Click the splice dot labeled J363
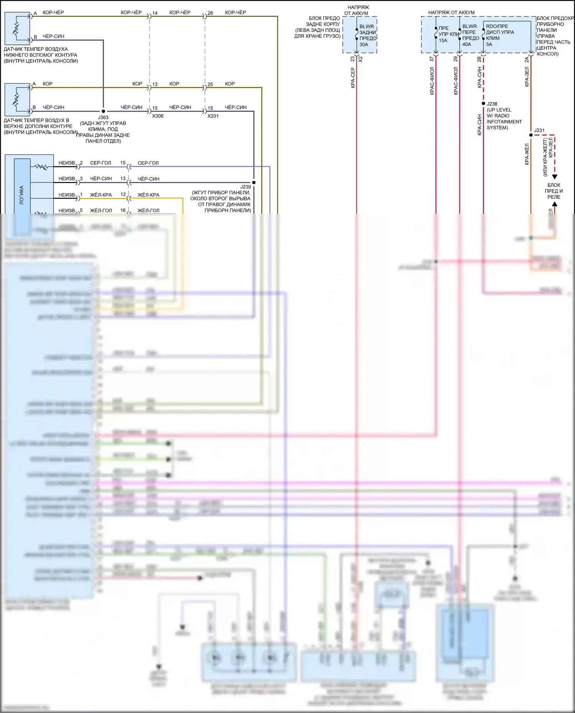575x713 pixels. pyautogui.click(x=103, y=111)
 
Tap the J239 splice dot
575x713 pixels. pyautogui.click(x=254, y=182)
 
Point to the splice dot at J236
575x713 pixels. pyautogui.click(x=483, y=103)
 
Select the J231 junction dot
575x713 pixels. pyautogui.click(x=531, y=135)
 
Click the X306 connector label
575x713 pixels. pyautogui.click(x=158, y=116)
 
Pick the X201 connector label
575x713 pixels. pyautogui.click(x=213, y=116)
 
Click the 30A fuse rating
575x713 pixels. pyautogui.click(x=364, y=44)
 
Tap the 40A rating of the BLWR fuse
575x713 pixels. pyautogui.click(x=467, y=44)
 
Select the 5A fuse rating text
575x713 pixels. pyautogui.click(x=489, y=44)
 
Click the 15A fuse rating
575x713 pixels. pyautogui.click(x=443, y=41)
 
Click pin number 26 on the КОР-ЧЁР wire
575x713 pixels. pyautogui.click(x=210, y=13)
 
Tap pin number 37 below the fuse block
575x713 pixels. pyautogui.click(x=432, y=59)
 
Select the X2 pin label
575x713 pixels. pyautogui.click(x=360, y=59)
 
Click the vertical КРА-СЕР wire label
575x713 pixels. pyautogui.click(x=353, y=78)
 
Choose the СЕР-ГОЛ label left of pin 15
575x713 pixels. pyautogui.click(x=100, y=163)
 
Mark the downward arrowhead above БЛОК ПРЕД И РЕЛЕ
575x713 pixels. pyautogui.click(x=554, y=177)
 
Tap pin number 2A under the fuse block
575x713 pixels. pyautogui.click(x=527, y=59)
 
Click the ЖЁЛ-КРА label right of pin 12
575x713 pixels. pyautogui.click(x=148, y=195)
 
